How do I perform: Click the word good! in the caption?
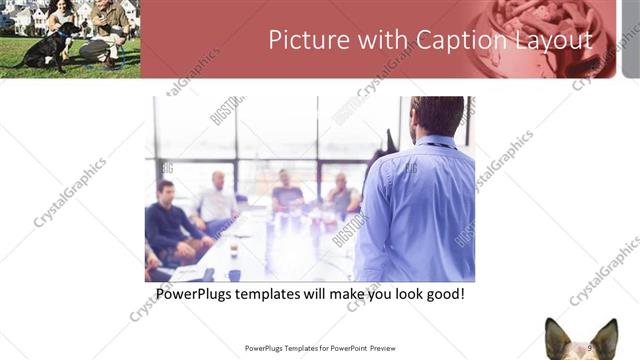[x=443, y=296]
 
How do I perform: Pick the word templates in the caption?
[x=285, y=296]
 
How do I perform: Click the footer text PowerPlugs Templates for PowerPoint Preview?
[x=320, y=348]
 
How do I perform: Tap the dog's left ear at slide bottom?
[x=554, y=333]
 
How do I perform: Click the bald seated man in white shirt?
[x=217, y=201]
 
